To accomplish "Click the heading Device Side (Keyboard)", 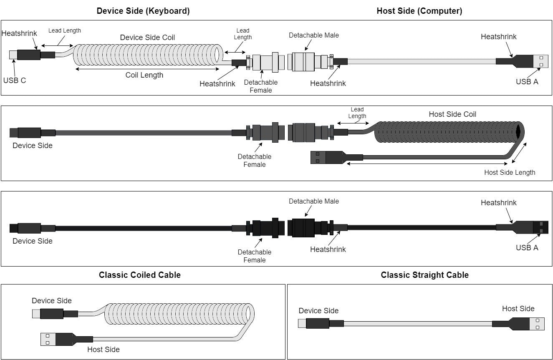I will (x=143, y=11).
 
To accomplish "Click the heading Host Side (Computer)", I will (x=419, y=11).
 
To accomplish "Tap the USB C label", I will (x=15, y=81).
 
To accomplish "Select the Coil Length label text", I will (x=144, y=76).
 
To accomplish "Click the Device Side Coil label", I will (x=147, y=38).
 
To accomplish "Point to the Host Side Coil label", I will (x=452, y=114).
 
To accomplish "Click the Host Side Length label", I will (x=509, y=172).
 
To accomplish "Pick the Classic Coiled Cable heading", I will (x=140, y=275).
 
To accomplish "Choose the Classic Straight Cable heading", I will (x=424, y=275).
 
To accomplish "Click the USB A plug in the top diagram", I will (x=540, y=61).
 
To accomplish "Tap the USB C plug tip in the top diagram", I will (x=13, y=55).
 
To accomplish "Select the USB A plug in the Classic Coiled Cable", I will (x=48, y=339).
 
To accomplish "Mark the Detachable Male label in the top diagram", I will (x=313, y=35).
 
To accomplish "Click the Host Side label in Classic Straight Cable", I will (x=518, y=309).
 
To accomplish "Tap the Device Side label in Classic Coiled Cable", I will (x=52, y=301).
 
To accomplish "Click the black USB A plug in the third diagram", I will (x=540, y=227).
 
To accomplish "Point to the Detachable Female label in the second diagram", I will (x=254, y=161).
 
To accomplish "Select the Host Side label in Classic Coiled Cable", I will (x=103, y=350).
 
